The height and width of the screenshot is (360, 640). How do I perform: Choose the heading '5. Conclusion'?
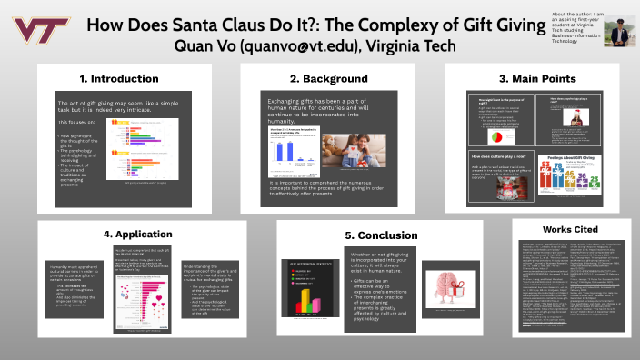click(x=362, y=235)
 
